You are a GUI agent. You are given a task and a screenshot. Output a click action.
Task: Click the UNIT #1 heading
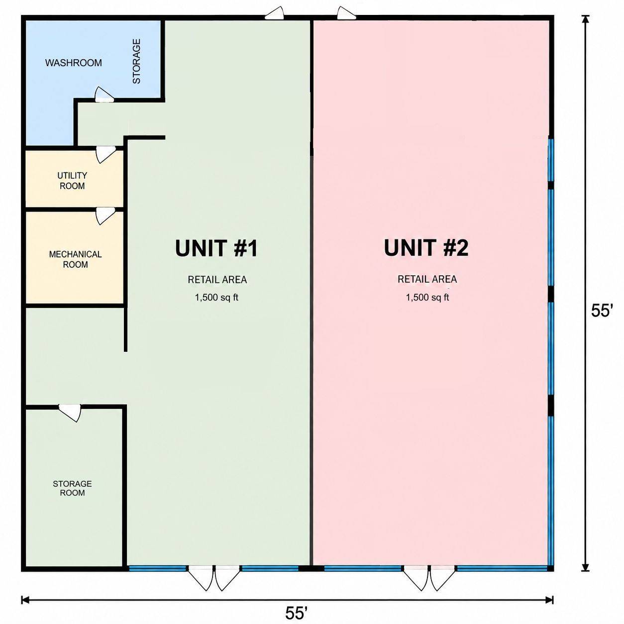216,248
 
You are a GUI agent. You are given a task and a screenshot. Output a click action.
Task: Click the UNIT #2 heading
426,248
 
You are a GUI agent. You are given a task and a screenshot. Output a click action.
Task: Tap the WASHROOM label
74,63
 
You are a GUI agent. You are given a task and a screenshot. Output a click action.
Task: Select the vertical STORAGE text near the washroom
137,61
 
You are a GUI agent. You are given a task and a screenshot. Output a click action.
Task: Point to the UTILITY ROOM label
72,181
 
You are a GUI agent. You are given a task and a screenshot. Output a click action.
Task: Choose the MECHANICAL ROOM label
76,259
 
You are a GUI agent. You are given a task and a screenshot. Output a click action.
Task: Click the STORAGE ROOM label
72,488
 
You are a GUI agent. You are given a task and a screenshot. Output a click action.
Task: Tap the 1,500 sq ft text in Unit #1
216,297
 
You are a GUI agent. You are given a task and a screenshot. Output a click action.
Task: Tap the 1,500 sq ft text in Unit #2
427,297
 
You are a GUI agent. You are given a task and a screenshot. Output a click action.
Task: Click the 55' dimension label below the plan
296,613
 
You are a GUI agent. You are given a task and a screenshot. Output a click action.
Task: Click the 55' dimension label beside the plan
602,311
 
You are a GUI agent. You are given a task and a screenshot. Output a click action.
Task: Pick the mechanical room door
106,216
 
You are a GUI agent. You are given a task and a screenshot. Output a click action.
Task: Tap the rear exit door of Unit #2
347,13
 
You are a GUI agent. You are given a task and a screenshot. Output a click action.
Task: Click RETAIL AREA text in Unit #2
427,279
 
